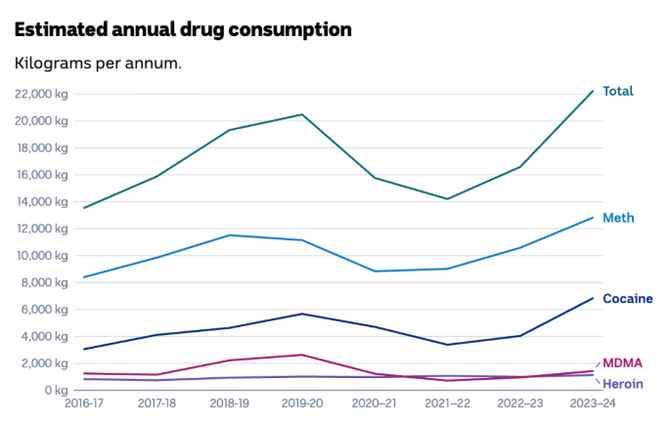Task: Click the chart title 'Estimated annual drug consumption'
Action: point(182,29)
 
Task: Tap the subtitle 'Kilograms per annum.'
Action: point(98,63)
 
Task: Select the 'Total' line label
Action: point(617,91)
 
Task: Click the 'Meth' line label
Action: point(617,217)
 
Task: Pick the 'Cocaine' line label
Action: point(627,298)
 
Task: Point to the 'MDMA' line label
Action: point(622,362)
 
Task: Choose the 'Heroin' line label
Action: point(622,384)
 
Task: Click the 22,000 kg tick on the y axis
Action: point(40,94)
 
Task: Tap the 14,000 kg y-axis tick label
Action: point(40,202)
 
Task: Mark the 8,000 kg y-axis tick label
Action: point(43,283)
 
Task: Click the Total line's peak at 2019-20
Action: point(302,114)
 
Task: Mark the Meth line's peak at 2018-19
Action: point(230,234)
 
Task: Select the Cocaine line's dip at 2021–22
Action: point(447,345)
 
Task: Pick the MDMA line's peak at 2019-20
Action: point(302,355)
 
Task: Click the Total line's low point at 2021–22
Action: point(447,199)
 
